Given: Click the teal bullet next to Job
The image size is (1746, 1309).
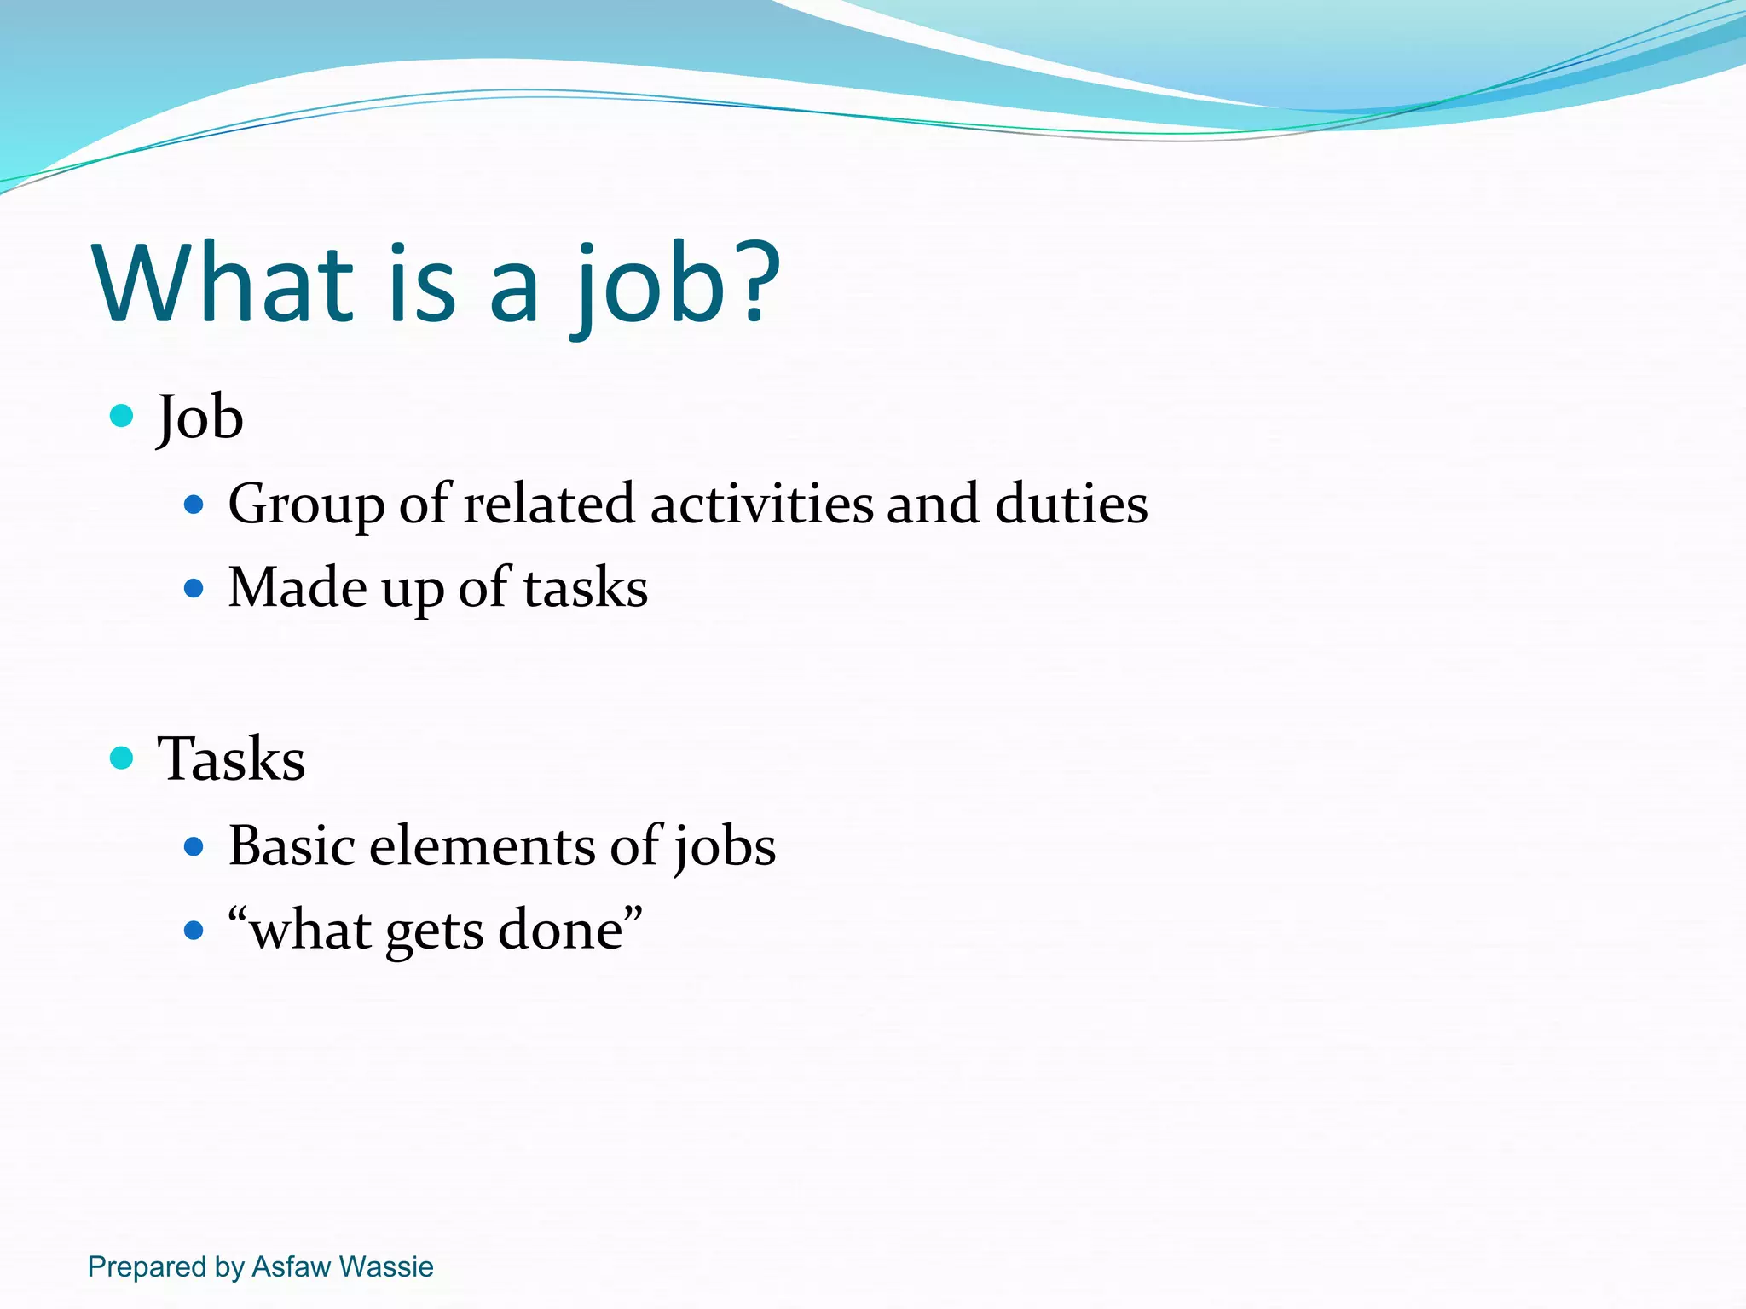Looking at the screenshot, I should click(122, 416).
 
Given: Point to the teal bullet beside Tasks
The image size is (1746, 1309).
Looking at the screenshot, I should click(122, 758).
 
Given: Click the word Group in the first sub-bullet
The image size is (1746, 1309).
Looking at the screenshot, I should click(306, 505).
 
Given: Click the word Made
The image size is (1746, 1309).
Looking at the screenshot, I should click(298, 587).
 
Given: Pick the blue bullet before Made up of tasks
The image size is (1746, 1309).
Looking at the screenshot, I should click(194, 588).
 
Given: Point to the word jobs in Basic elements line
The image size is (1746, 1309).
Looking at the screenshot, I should click(725, 847).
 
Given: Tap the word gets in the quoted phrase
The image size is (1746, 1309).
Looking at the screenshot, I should click(434, 931).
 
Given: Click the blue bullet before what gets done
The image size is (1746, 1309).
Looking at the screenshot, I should click(194, 930).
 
